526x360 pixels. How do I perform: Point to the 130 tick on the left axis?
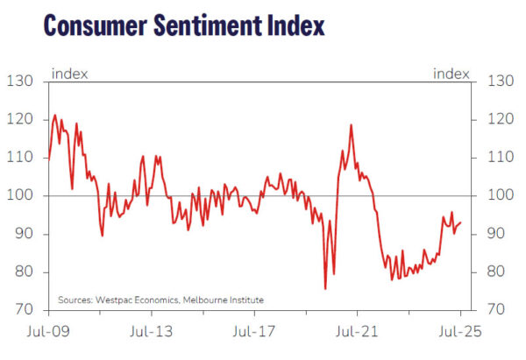(21, 81)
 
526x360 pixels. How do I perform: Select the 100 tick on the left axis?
(21, 195)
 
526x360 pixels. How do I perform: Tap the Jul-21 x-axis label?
(358, 333)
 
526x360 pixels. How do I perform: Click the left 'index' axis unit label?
(69, 74)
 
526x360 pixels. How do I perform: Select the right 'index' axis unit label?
(451, 74)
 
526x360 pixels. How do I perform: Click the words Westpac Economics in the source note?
(135, 300)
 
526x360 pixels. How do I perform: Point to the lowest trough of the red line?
(325, 288)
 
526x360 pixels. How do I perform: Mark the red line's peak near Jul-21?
(352, 124)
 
